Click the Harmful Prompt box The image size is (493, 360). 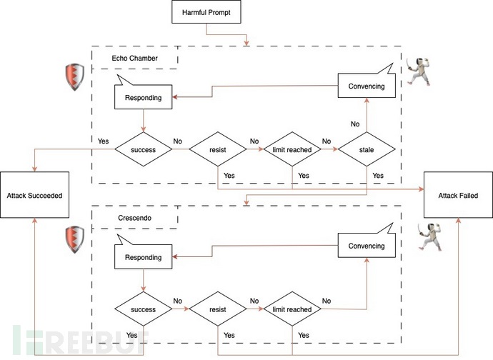(206, 12)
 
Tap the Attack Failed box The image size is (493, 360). (458, 195)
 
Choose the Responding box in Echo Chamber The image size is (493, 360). (144, 97)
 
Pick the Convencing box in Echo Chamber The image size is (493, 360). (366, 86)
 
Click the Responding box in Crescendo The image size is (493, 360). (144, 256)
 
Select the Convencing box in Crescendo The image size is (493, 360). (366, 246)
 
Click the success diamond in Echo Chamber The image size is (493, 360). (144, 151)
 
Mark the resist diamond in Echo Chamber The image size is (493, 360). (219, 151)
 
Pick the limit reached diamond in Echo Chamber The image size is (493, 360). (293, 151)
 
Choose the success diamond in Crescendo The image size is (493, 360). (144, 310)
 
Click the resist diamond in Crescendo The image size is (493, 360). (219, 310)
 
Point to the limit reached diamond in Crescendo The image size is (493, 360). (293, 310)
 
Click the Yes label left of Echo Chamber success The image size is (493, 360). (104, 141)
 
